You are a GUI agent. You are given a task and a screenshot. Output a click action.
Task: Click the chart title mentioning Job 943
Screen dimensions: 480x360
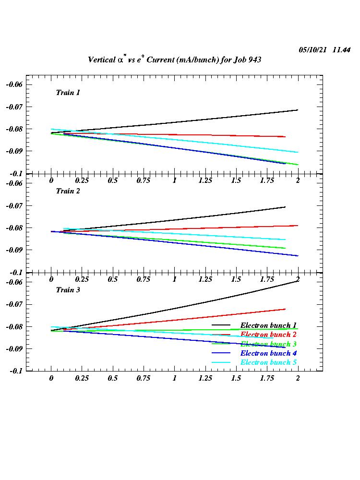click(x=174, y=60)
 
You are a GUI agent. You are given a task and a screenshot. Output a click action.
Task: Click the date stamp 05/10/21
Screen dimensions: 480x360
click(x=313, y=50)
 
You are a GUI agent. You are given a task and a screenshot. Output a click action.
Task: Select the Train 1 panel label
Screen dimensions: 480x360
click(x=68, y=93)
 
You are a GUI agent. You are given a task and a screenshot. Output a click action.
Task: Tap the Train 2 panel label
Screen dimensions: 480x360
click(x=68, y=191)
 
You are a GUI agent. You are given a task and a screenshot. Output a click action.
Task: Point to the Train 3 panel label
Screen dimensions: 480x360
click(x=68, y=290)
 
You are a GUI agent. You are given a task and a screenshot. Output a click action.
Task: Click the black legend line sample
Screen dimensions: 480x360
click(x=221, y=325)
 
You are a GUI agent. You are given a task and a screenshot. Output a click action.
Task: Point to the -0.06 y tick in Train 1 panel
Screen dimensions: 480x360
click(x=14, y=84)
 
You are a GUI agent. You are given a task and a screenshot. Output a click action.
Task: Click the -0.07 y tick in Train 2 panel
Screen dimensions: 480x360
click(x=14, y=205)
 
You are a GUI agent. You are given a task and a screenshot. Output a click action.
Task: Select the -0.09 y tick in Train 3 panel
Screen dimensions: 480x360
click(x=14, y=348)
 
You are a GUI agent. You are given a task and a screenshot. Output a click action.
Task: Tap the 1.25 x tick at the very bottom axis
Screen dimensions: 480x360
click(x=205, y=378)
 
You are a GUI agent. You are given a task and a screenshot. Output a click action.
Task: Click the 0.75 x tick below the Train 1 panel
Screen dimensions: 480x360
click(x=144, y=180)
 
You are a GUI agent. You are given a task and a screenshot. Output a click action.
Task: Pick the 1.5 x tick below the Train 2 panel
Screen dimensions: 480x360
click(x=236, y=279)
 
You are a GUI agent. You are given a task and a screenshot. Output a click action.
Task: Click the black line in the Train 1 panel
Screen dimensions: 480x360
click(x=192, y=121)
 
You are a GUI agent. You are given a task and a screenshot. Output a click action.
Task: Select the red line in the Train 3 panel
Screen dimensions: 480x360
click(x=192, y=319)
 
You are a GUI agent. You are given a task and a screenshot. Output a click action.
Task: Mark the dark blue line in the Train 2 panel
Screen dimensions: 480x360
click(x=192, y=244)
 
